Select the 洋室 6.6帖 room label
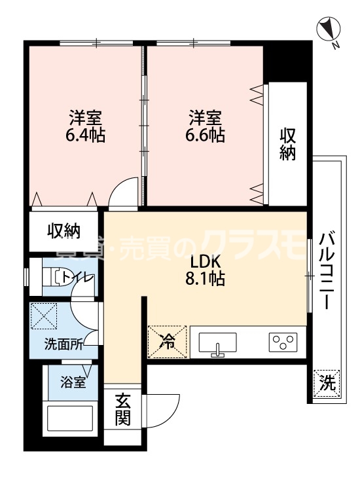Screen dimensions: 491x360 pos(207,127)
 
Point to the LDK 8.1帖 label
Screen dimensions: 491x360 pos(206,269)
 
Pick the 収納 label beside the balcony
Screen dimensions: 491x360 pos(289,144)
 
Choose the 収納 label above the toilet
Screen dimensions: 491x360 pos(63,230)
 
